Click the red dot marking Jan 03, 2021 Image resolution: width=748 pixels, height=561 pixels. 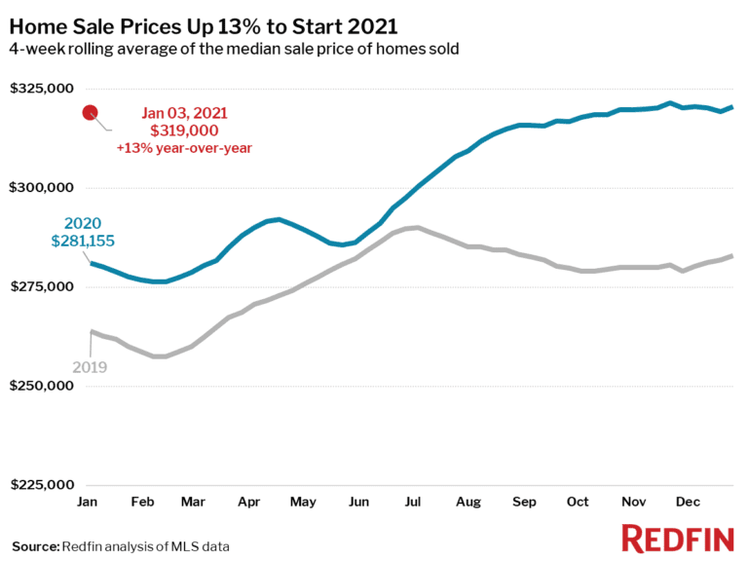click(91, 113)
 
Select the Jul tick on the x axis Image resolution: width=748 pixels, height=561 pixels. click(413, 502)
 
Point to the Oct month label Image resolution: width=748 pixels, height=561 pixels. click(578, 502)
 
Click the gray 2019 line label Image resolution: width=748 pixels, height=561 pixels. click(90, 367)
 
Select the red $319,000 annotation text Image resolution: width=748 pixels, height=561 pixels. click(183, 130)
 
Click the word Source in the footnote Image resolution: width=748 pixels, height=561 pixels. click(35, 545)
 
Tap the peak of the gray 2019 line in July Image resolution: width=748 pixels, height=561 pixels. click(415, 228)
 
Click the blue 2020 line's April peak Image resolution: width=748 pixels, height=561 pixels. click(280, 219)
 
